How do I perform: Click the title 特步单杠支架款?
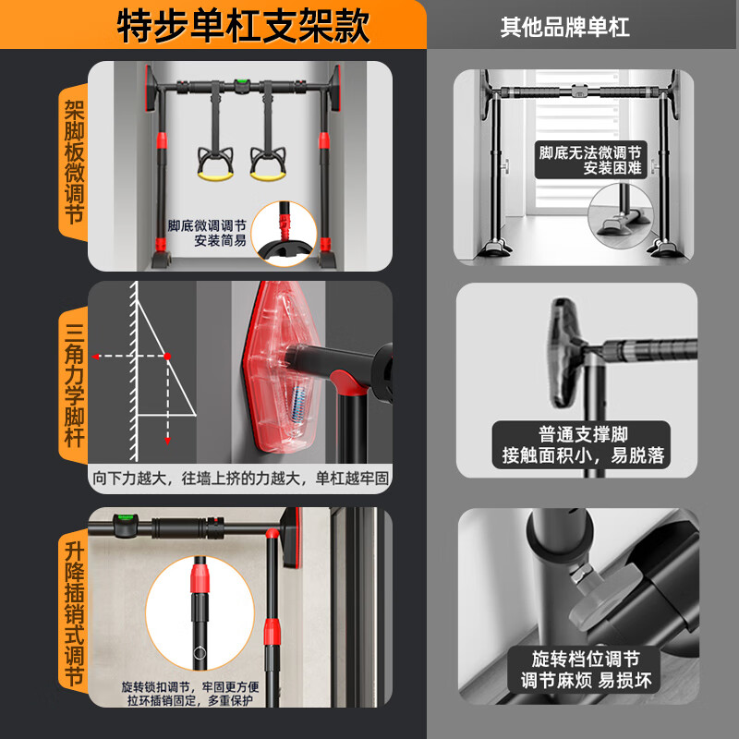point(244,25)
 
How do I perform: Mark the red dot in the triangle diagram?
point(167,356)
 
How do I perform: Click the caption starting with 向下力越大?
point(240,479)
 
